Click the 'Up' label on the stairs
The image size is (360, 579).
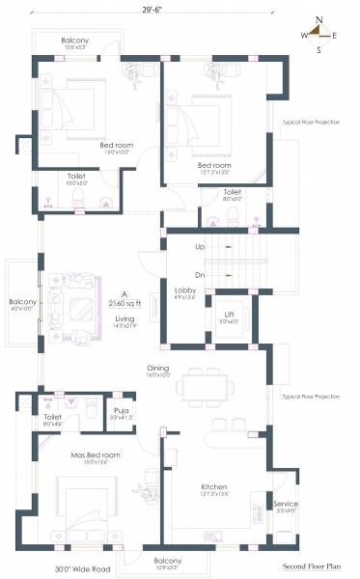(200, 247)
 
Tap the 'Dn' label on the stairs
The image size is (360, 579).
(200, 275)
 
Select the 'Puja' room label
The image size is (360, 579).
(121, 410)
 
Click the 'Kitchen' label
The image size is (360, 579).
(213, 486)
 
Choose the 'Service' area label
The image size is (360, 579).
(286, 504)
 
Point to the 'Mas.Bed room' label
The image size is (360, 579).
(97, 454)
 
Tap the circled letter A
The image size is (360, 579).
(124, 292)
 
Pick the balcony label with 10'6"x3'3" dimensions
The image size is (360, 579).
(75, 41)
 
